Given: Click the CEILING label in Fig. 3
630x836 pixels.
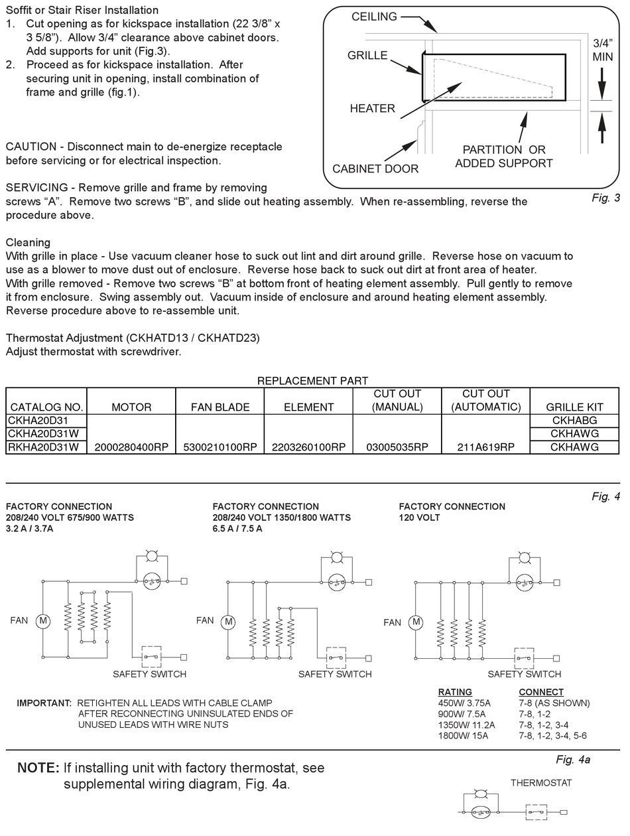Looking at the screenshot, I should pos(374,17).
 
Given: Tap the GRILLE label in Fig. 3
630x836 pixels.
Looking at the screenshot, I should pos(367,55).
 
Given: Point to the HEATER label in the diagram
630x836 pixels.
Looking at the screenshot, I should pos(372,108).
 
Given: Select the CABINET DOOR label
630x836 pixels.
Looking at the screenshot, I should pos(375,169).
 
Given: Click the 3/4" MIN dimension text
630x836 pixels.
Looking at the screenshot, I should pos(603,50).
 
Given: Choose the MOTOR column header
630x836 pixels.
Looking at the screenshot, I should pos(131,407).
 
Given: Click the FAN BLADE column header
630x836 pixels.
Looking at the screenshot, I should pos(220,407).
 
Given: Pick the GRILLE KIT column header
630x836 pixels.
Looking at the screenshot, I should pos(574,407).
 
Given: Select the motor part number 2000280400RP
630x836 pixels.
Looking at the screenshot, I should pos(131,447).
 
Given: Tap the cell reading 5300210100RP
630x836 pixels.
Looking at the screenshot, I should pos(220,447).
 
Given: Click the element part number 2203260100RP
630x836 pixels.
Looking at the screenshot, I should pos(308,447).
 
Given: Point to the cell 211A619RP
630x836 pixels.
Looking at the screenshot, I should pos(485,447).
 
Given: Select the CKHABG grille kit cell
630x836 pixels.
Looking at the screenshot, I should pos(574,421).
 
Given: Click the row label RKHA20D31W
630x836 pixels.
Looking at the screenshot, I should pos(44,447).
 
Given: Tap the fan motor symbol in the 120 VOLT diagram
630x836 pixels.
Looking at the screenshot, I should pos(416,622).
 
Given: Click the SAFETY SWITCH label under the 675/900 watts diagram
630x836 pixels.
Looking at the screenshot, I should pos(149,674).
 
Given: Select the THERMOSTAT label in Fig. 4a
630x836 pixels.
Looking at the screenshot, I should pos(541,783).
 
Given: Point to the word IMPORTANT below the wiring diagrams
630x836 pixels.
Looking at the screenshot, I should pos(44,703).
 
